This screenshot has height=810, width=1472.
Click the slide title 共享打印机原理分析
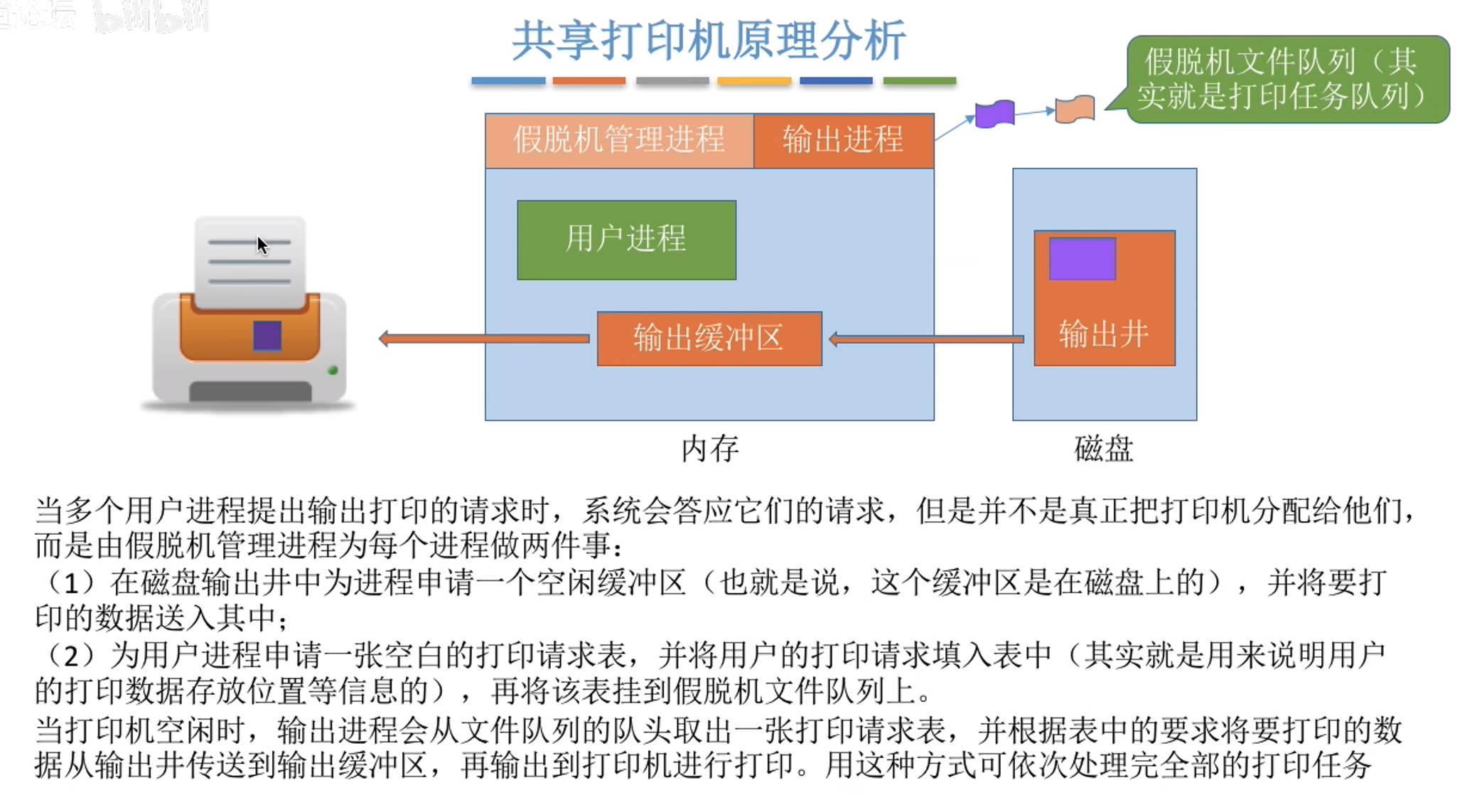[708, 41]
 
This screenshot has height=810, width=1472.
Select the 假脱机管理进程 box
[618, 140]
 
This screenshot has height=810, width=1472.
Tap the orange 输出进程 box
[843, 140]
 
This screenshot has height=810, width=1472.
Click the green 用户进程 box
[626, 240]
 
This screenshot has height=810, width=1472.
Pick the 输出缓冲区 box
[709, 339]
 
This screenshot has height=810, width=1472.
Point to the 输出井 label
[1103, 334]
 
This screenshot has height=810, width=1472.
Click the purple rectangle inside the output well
[1082, 259]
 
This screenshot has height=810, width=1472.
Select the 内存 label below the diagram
[709, 449]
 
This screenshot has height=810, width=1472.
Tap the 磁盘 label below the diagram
[1103, 449]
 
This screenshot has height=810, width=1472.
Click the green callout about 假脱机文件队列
[1286, 79]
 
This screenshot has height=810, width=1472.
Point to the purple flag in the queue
[994, 114]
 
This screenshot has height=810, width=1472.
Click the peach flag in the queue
[1074, 110]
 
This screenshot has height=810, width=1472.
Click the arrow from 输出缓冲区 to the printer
[485, 339]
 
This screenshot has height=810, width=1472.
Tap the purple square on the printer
[267, 336]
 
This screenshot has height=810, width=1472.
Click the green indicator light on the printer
[332, 371]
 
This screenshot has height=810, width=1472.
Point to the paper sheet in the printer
[249, 262]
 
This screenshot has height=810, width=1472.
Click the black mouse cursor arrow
[262, 245]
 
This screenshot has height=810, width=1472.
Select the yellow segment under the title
[753, 81]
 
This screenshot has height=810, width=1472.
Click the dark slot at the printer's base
[249, 391]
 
